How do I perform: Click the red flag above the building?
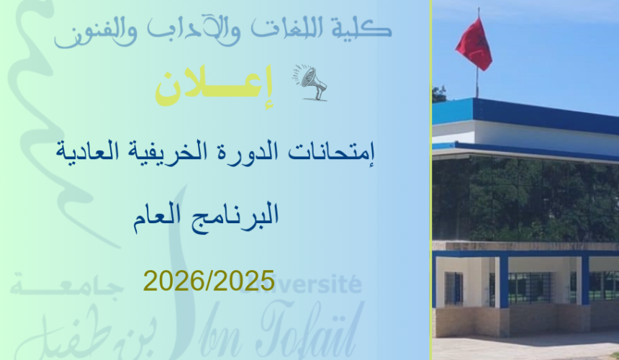[474, 45]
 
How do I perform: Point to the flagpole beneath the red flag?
[476, 83]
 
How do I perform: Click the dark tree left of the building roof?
[438, 94]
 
